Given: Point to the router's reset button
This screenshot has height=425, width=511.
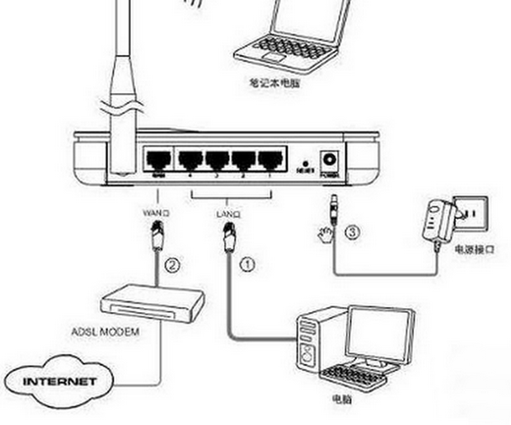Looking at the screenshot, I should click(x=306, y=163).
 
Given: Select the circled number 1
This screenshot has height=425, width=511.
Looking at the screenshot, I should click(x=246, y=265).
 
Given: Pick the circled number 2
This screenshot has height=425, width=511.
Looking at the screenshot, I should click(x=172, y=265).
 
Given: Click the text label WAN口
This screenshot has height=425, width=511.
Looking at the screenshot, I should click(x=157, y=213).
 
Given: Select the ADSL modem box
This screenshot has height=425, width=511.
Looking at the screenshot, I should click(x=152, y=307).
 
